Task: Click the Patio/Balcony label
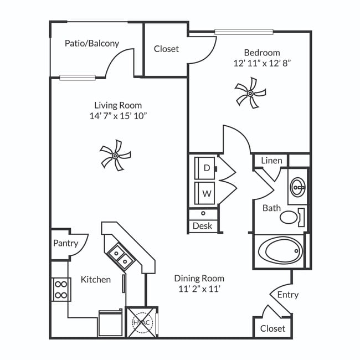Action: tap(91, 43)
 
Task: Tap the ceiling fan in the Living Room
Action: tap(115, 155)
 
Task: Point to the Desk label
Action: tap(202, 226)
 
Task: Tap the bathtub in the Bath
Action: tap(280, 251)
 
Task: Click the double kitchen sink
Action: tap(120, 256)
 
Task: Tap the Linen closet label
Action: tap(271, 161)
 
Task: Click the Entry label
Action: tap(287, 295)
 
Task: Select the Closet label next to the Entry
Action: tap(272, 328)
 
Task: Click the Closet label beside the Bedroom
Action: tap(166, 49)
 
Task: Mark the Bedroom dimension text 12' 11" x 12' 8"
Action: tap(262, 63)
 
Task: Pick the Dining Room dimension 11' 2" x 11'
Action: tap(199, 289)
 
